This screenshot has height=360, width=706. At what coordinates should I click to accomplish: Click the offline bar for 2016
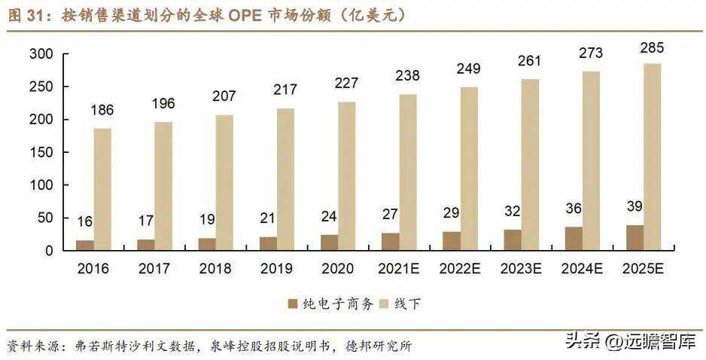pos(102,189)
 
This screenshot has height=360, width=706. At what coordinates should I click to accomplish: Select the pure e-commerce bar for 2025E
pos(634,237)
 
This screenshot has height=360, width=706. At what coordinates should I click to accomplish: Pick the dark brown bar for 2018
pos(206,244)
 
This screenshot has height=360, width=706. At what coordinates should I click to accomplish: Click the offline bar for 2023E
pos(530,164)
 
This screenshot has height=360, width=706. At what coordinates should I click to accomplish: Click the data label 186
pos(102,111)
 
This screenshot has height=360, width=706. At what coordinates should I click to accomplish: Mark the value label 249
pos(469,69)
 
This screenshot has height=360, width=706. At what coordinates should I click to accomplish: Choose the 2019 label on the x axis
pos(276,269)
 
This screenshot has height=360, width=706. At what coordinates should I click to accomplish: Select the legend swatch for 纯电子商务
pos(293,304)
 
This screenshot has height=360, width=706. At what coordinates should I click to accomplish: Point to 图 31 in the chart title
pos(26,17)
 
